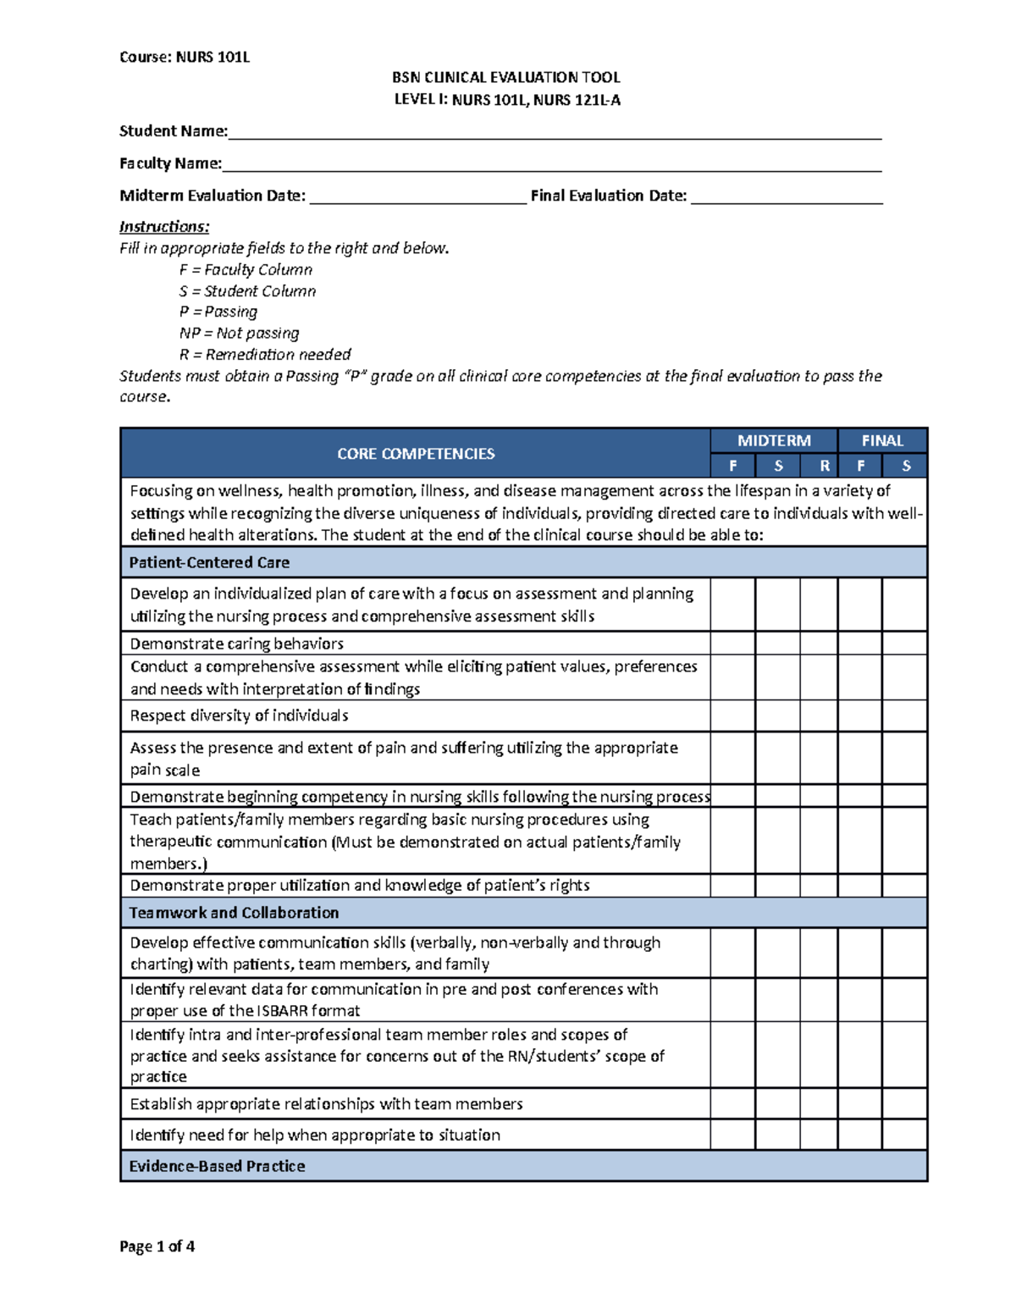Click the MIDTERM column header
(774, 440)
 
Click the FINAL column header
(882, 440)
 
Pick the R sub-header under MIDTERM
(824, 466)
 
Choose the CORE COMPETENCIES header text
(416, 454)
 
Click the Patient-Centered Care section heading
(209, 562)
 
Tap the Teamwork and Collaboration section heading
(234, 913)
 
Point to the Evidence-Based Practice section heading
(217, 1166)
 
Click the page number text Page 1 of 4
(157, 1246)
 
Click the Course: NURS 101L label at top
(185, 58)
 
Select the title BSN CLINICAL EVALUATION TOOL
(506, 78)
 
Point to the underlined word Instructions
(164, 227)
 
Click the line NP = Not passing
(239, 334)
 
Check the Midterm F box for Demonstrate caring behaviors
(732, 643)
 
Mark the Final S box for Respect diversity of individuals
(904, 716)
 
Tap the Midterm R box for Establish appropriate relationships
(819, 1103)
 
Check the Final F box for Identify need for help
(859, 1135)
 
